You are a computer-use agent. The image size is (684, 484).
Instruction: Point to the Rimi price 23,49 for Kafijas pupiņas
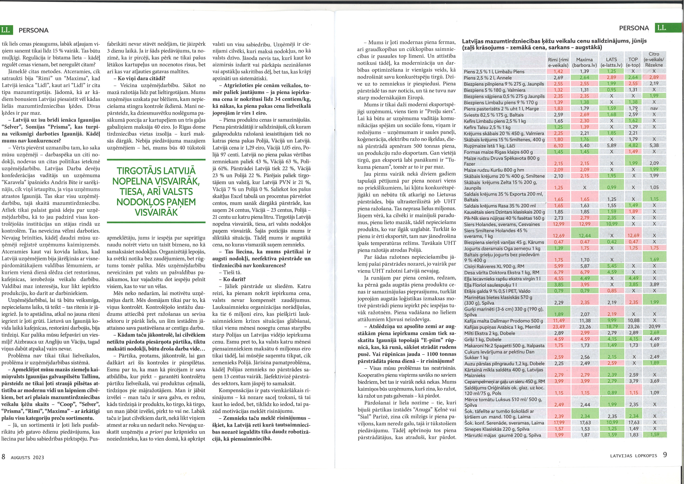[559, 327]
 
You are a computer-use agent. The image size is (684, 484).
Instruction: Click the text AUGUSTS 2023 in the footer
[27, 458]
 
